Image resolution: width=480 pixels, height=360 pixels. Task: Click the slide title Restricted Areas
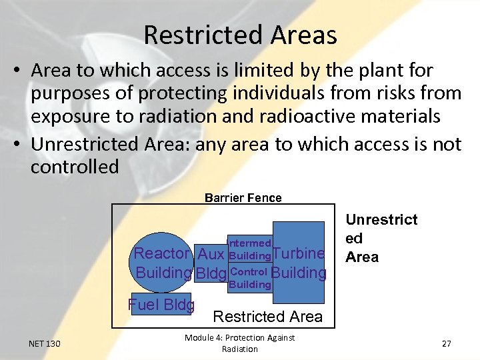point(240,35)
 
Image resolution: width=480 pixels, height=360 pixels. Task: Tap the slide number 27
point(446,343)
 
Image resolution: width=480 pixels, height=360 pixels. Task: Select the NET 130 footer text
point(45,343)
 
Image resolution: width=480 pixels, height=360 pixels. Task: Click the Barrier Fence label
point(243,197)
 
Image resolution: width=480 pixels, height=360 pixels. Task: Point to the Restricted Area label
point(267,317)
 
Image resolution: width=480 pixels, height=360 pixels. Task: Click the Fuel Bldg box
point(161,305)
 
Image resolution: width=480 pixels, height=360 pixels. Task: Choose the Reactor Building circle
point(163,263)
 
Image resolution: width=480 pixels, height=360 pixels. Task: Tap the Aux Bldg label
point(211,263)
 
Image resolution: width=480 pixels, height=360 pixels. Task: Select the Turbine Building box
point(299,263)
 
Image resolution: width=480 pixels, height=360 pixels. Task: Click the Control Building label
point(249,278)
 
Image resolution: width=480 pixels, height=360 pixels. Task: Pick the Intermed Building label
point(249,249)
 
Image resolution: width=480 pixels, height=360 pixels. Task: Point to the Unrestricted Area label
point(381,238)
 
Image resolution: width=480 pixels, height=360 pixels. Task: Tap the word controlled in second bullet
point(75,167)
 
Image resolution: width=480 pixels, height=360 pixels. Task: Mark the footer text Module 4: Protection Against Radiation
point(239,343)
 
